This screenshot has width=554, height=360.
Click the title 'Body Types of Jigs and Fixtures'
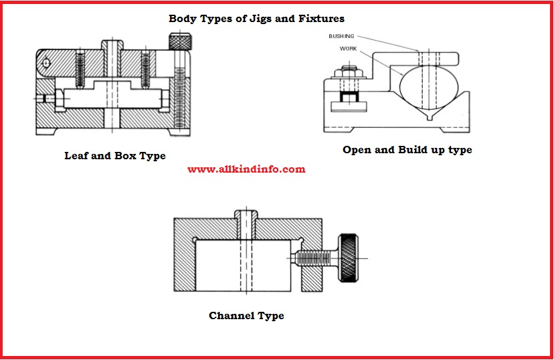click(256, 18)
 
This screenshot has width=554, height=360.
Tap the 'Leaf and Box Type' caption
click(114, 156)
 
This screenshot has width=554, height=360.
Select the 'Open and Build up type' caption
click(407, 150)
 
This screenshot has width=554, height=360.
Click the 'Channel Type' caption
click(246, 316)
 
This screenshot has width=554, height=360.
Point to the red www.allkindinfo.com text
click(246, 169)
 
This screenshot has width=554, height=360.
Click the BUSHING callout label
click(341, 36)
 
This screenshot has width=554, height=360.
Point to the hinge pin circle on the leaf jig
click(46, 64)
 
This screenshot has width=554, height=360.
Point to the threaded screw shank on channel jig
click(317, 257)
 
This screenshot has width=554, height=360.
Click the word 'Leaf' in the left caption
click(76, 156)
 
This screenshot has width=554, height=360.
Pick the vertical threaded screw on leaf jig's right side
click(179, 93)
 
